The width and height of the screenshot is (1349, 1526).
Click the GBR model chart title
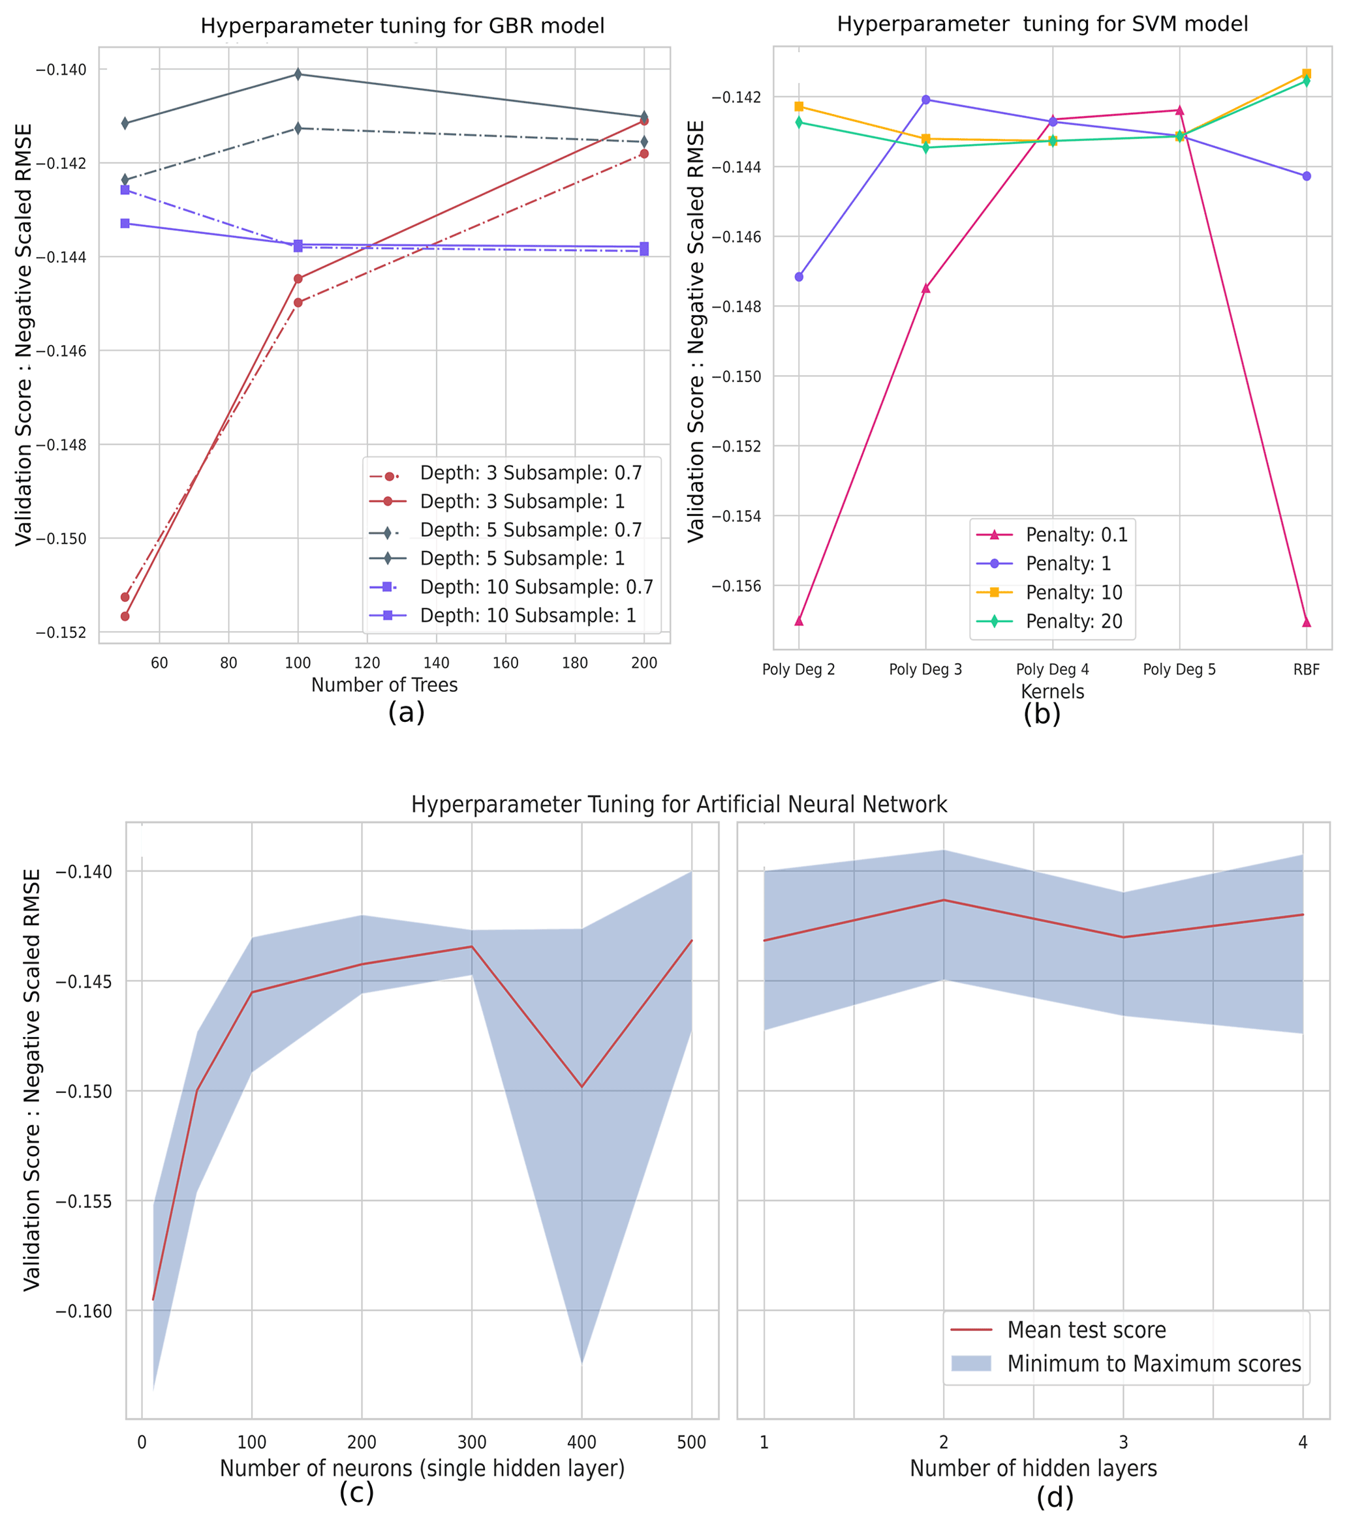pos(402,26)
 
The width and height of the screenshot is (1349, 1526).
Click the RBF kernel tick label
pos(1306,670)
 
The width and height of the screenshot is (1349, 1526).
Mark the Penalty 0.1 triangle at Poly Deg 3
pos(925,288)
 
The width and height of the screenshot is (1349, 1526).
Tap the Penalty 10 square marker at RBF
pos(1307,74)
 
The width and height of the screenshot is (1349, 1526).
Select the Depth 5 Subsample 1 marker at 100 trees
pos(298,74)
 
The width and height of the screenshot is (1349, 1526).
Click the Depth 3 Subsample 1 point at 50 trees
pos(125,617)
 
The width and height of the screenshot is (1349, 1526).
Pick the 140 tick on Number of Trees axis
pos(436,663)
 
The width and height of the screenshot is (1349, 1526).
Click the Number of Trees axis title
pos(384,685)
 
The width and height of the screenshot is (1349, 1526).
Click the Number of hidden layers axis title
pos(1033,1469)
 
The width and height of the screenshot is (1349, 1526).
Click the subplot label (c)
pos(356,1493)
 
